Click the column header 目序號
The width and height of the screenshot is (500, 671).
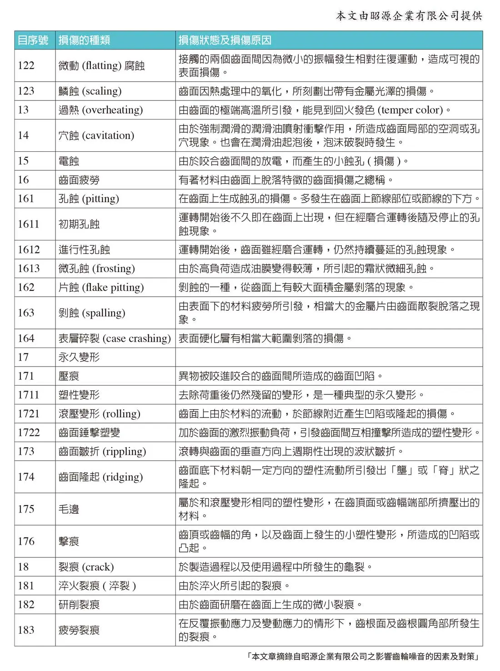[x=33, y=40]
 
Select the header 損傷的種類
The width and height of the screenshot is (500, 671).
[x=84, y=40]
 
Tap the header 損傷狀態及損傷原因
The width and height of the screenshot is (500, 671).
[x=225, y=40]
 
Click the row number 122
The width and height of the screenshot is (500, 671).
[x=26, y=65]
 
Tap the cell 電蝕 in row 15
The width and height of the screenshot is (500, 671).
[x=69, y=161]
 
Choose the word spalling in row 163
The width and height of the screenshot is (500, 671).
[x=103, y=313]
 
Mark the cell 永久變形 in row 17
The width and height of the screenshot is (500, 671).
[x=79, y=357]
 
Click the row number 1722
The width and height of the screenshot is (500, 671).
[x=29, y=432]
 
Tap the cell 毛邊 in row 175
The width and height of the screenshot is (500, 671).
[x=69, y=509]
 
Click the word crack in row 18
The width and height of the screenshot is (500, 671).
[x=98, y=567]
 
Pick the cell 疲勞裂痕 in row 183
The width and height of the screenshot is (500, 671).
[x=79, y=630]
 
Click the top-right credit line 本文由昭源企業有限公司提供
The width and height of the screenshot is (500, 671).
[x=409, y=16]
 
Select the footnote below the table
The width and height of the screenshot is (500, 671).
[x=364, y=656]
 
